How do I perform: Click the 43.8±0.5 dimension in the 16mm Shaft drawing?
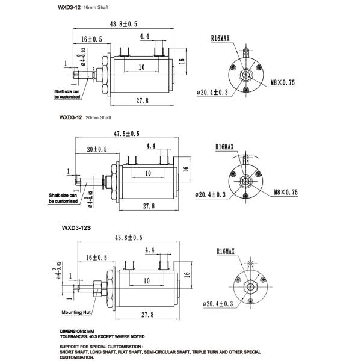tap(124, 24)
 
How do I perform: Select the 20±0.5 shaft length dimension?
tap(96, 149)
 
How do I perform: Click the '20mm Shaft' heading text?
tap(99, 117)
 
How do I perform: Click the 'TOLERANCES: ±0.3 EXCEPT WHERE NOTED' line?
tap(102, 337)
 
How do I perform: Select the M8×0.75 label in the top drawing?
tap(282, 83)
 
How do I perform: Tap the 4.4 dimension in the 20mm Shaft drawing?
tap(150, 146)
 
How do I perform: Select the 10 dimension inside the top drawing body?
tap(141, 67)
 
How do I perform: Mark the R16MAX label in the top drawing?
tap(220, 38)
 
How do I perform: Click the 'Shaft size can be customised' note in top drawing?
tap(68, 94)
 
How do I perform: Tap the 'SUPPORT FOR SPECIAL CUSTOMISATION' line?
tap(100, 347)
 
